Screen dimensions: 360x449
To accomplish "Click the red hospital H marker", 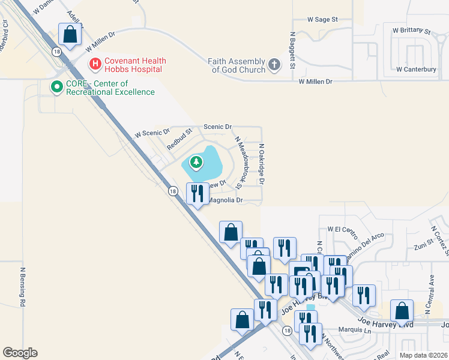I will pyautogui.click(x=94, y=63).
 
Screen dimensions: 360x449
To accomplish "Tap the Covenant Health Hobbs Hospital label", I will pyautogui.click(x=135, y=65).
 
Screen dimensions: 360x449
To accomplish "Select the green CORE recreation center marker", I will pyautogui.click(x=57, y=88).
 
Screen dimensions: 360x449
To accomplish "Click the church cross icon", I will pyautogui.click(x=274, y=65).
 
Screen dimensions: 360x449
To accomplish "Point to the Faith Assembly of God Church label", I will pyautogui.click(x=238, y=65).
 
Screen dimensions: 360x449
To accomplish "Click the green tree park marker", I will pyautogui.click(x=196, y=162).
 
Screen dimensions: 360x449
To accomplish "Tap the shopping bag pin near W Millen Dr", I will pyautogui.click(x=70, y=35).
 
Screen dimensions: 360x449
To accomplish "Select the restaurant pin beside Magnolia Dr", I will pyautogui.click(x=197, y=194).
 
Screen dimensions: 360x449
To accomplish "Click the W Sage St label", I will pyautogui.click(x=323, y=20).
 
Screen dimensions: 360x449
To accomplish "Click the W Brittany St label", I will pyautogui.click(x=412, y=30).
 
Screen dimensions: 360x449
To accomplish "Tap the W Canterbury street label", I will pyautogui.click(x=416, y=70).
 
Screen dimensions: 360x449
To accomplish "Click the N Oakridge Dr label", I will pyautogui.click(x=262, y=163).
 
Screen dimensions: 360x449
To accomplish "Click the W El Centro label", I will pyautogui.click(x=342, y=229).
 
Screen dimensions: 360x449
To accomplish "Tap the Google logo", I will pyautogui.click(x=20, y=353).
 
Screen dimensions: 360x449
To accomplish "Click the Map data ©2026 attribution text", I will pyautogui.click(x=423, y=355).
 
